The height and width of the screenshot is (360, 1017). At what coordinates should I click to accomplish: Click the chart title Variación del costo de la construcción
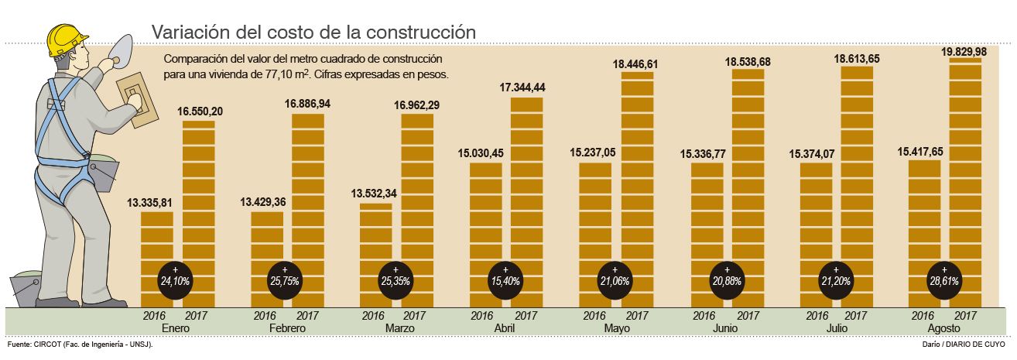(312, 32)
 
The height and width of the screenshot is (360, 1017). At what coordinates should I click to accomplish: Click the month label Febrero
(286, 328)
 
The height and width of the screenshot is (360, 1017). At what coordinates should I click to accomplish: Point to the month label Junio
(725, 328)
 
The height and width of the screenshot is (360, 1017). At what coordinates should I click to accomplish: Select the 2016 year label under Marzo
(374, 316)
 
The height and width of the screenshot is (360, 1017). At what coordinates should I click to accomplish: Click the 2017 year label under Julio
(856, 316)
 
